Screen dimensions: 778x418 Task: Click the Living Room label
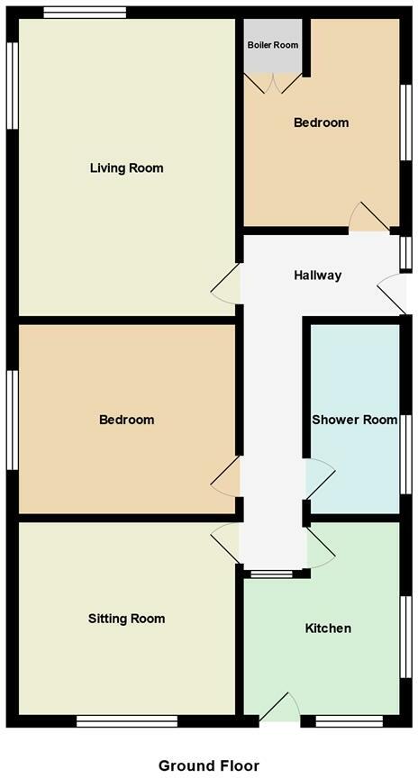(x=126, y=168)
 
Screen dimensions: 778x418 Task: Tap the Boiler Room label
(x=273, y=45)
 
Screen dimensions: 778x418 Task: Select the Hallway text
(x=317, y=276)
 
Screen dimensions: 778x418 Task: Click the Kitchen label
(x=328, y=628)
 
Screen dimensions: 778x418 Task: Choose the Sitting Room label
(x=126, y=619)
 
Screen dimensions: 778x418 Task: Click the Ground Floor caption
(x=209, y=765)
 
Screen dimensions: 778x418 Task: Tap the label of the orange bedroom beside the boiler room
(x=321, y=122)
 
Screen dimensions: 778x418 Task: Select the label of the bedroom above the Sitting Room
(x=126, y=420)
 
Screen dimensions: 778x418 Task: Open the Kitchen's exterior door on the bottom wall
(x=281, y=709)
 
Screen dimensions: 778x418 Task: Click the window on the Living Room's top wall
(x=85, y=13)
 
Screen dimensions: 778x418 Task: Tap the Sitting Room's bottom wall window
(x=127, y=720)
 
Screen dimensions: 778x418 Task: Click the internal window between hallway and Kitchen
(x=272, y=574)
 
